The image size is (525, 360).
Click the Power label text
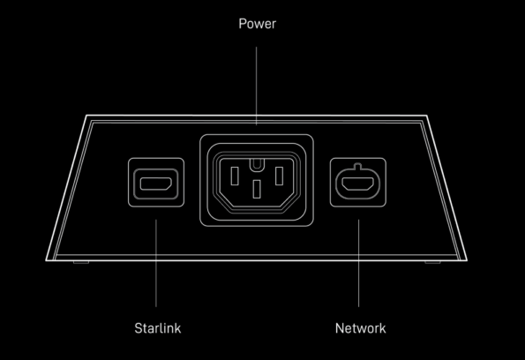coord(257,24)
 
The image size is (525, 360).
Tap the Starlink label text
coord(158,328)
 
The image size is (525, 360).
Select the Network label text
coord(360,328)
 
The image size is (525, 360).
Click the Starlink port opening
coord(156,184)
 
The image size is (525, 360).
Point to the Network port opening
coord(358,184)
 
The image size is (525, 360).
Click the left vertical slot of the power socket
coord(235,176)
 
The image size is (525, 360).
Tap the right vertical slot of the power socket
coord(279,176)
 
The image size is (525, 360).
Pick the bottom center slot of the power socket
coord(257,189)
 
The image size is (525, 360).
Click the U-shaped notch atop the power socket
coord(257,164)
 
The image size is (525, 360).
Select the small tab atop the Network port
coord(358,166)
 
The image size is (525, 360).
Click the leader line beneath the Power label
coord(257,86)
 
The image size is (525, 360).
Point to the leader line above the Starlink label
coord(156,263)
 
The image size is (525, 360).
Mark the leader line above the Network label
coord(358,263)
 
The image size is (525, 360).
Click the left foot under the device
coord(81,262)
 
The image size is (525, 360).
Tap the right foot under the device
coord(432,262)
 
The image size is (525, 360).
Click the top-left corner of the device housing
coord(86,116)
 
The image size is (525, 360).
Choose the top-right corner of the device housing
coord(427,116)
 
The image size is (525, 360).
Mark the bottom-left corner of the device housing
coord(46,260)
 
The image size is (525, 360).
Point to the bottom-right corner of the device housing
coord(467,260)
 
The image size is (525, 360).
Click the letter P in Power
coord(243,24)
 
